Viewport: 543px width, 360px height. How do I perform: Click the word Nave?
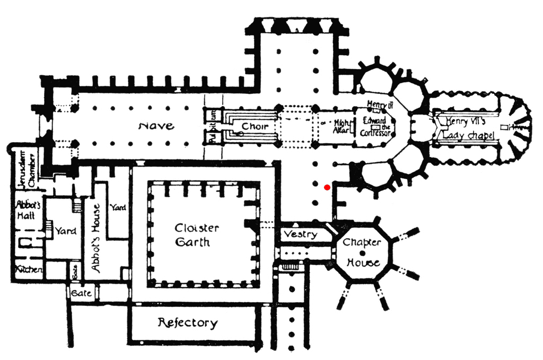[156, 126]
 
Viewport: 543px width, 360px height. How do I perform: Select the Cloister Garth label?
[197, 235]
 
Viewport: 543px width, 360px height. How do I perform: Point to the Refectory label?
[188, 323]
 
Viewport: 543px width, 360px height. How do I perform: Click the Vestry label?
[300, 234]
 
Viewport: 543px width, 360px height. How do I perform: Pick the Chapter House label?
[362, 252]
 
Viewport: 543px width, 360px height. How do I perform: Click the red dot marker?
[327, 187]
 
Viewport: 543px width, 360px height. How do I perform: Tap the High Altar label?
[342, 126]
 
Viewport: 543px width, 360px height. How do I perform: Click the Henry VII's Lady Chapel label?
[466, 129]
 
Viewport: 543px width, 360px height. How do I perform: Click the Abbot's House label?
[96, 238]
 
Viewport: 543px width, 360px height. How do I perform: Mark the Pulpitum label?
[214, 126]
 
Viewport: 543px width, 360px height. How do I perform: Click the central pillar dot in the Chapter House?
[362, 253]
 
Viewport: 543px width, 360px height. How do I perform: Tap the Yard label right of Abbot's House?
[117, 207]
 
